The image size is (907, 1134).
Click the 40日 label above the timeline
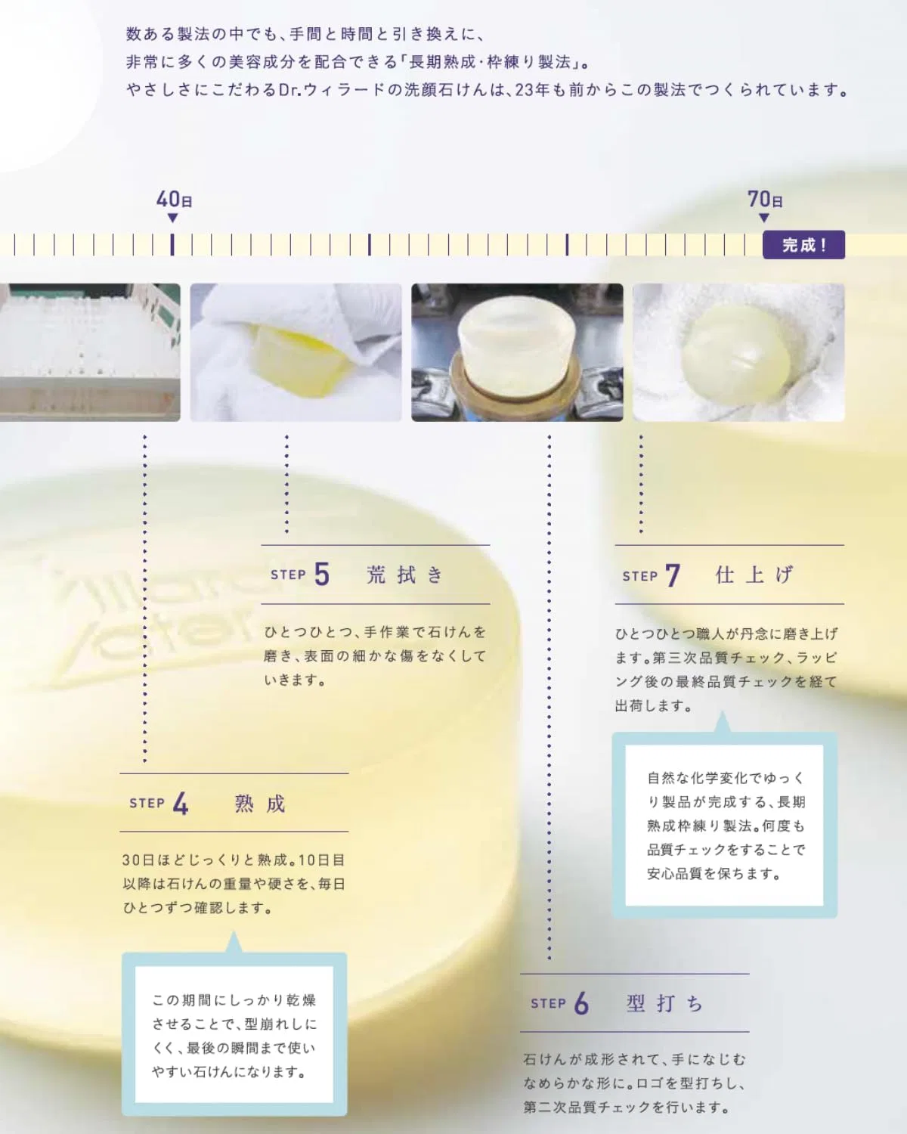coord(174,199)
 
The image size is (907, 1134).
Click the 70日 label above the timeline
coord(765,199)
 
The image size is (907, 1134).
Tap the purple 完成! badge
coord(803,245)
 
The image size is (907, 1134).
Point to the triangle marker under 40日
coord(172,218)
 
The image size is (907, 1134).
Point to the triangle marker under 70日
coord(763,218)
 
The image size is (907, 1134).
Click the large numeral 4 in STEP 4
coord(180,804)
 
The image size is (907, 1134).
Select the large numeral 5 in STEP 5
coord(321,574)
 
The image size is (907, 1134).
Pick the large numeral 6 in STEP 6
coord(580,1002)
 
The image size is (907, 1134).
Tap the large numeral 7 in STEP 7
coord(673,575)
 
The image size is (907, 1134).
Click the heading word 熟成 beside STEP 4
coord(260,804)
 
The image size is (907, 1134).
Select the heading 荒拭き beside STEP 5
coord(405,575)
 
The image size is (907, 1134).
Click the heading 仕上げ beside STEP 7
coord(754,575)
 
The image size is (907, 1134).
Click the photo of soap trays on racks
coord(90,352)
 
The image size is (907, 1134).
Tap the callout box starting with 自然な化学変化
coord(724,825)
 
